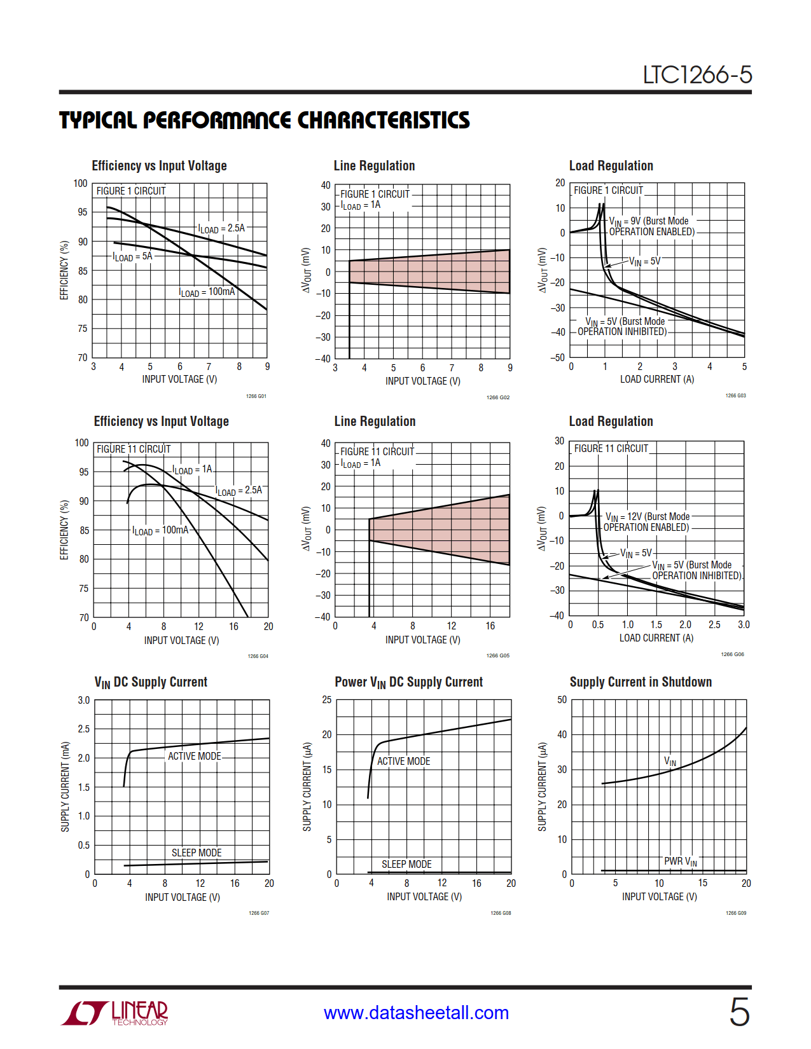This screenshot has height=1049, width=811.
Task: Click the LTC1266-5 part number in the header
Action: [x=697, y=75]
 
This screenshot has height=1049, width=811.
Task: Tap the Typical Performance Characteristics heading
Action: [x=264, y=120]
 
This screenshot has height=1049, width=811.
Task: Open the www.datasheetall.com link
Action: [x=416, y=1012]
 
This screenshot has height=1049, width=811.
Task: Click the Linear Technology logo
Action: [x=114, y=1013]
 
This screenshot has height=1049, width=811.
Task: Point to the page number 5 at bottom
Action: [x=739, y=1011]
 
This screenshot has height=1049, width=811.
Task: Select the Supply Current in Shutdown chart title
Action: [x=641, y=682]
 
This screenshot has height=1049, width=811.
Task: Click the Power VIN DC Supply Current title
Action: [x=408, y=682]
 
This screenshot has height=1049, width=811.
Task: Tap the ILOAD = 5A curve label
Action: [x=132, y=256]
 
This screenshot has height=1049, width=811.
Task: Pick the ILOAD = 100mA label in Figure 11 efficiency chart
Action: [x=160, y=530]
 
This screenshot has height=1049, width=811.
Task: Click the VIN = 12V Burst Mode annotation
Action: [x=647, y=522]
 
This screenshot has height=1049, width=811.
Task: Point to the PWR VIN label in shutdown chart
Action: [x=681, y=861]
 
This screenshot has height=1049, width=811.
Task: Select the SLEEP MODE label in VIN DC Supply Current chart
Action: [x=197, y=853]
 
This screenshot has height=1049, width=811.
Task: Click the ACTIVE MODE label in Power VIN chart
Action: [x=403, y=761]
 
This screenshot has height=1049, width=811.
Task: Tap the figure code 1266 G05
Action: [x=498, y=655]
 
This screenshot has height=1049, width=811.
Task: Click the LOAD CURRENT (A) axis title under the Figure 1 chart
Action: [x=657, y=379]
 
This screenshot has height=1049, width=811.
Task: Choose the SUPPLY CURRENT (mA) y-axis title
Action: [x=65, y=786]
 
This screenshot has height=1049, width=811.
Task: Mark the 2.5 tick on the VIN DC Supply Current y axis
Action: [x=84, y=729]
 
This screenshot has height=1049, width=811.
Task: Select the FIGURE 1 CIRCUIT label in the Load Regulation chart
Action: [x=608, y=190]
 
